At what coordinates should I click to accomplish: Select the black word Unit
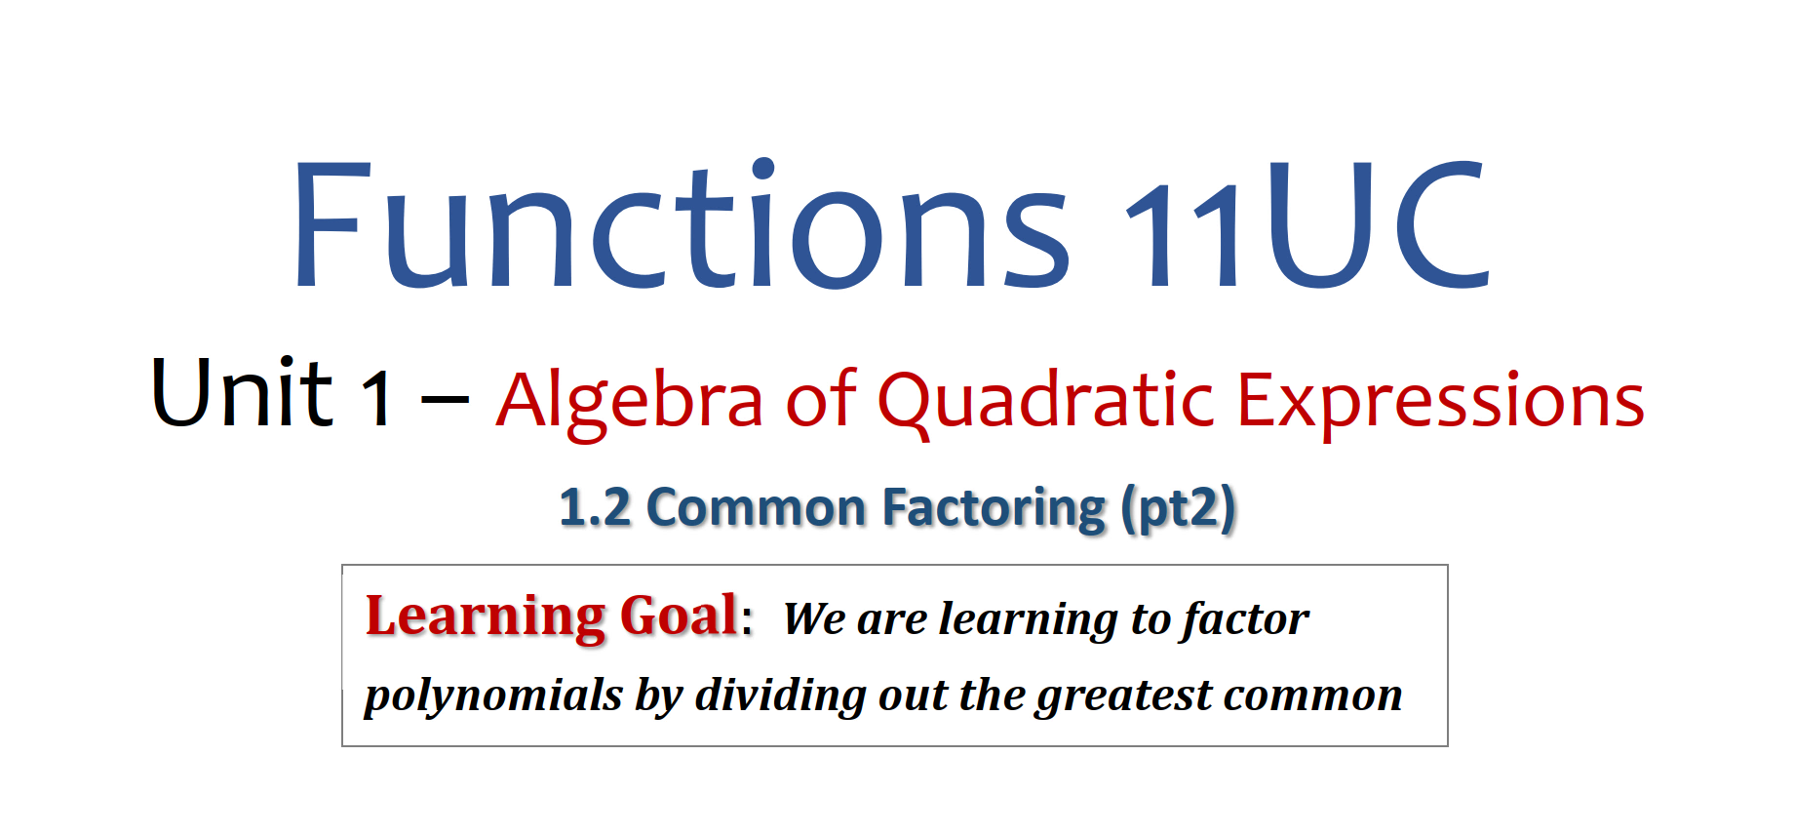242,392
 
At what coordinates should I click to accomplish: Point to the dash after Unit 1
444,399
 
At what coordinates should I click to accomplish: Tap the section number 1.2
595,508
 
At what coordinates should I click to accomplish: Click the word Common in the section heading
756,508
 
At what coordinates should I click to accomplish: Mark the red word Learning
485,617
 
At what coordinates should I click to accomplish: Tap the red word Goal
679,616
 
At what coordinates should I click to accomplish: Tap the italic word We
814,618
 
